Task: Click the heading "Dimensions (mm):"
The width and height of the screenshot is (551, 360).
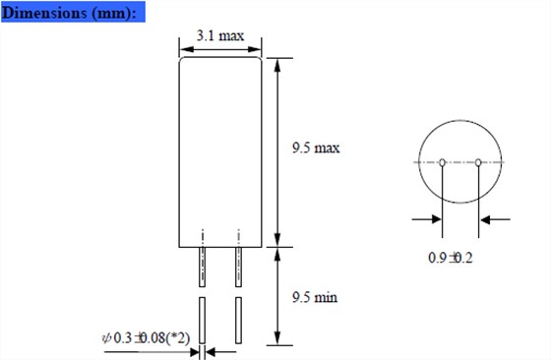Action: [x=69, y=13]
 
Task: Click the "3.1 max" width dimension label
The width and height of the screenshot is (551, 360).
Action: [x=220, y=35]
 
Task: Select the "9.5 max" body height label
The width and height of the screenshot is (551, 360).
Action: [x=316, y=148]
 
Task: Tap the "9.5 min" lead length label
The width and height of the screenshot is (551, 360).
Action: [x=315, y=297]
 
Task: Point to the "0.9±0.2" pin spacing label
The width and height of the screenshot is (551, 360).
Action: [x=451, y=258]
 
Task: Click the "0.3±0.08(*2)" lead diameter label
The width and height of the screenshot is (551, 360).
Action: [x=152, y=338]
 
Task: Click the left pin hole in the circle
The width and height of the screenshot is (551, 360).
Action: [x=443, y=162]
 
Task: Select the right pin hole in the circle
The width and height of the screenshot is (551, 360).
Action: [x=478, y=162]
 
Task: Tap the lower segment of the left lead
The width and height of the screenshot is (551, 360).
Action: [x=202, y=321]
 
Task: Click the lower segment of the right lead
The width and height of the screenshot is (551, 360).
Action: [x=238, y=321]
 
